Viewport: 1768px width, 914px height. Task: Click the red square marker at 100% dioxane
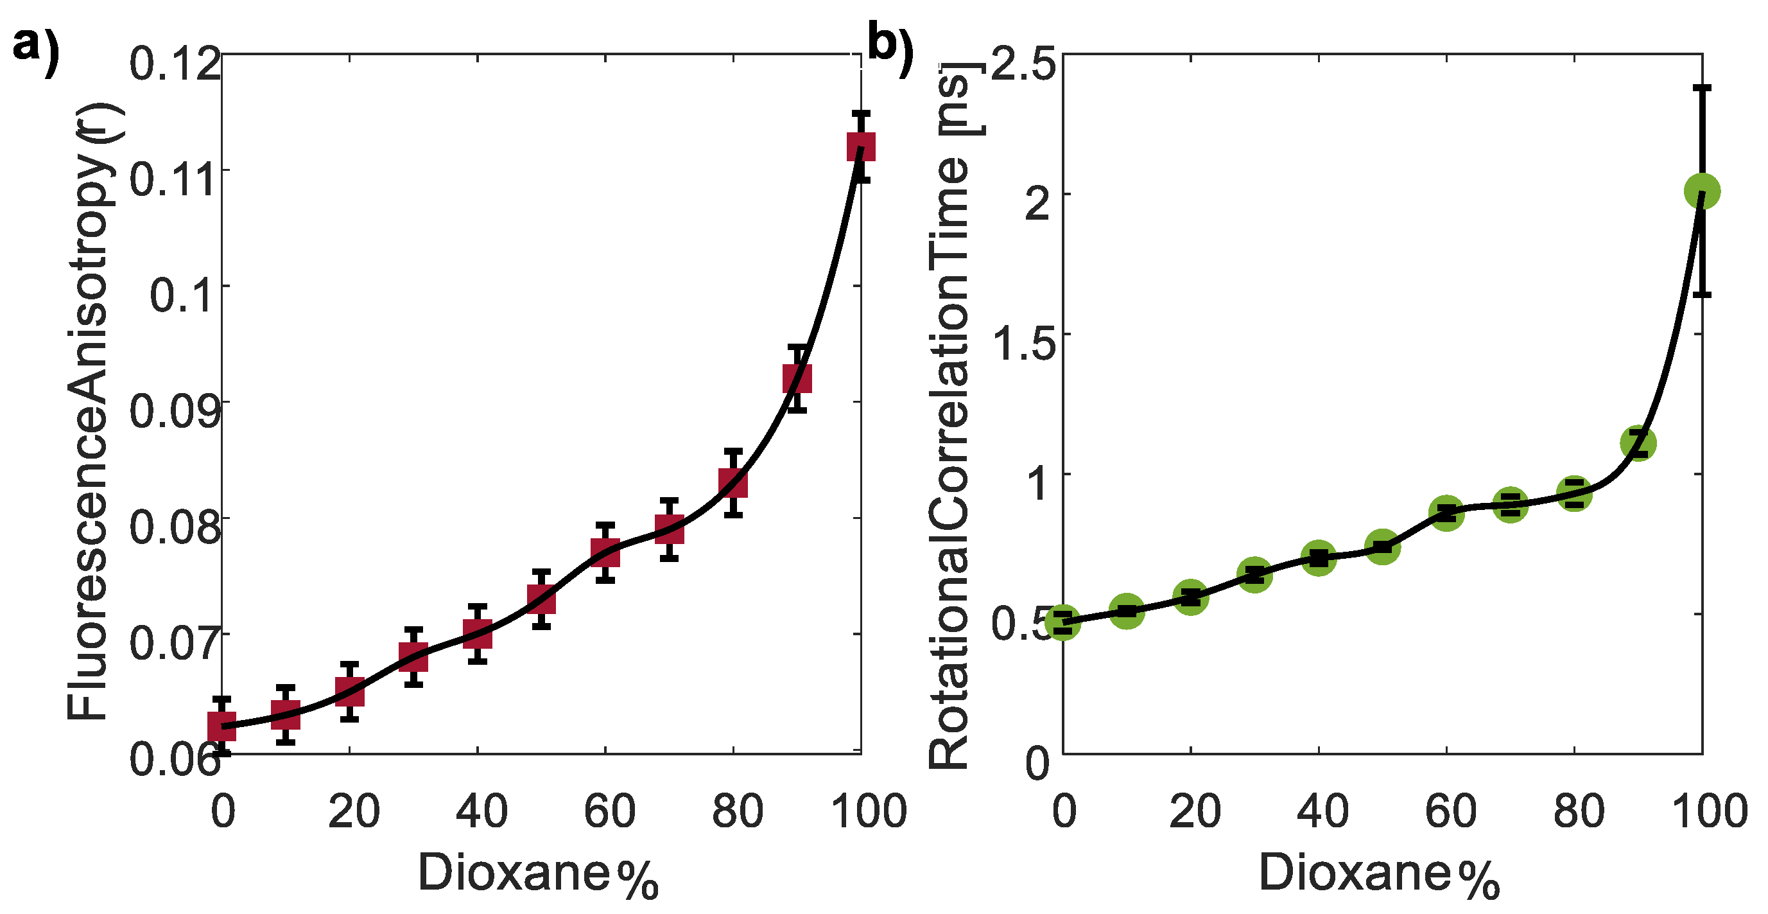861,146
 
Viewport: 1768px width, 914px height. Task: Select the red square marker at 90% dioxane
797,378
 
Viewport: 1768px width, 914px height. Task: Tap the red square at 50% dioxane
541,599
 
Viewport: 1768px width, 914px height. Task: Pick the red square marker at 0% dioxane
221,726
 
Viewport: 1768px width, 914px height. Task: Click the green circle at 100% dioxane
1702,191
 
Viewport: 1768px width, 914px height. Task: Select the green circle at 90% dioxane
1638,444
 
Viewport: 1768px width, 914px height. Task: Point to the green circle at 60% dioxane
1446,513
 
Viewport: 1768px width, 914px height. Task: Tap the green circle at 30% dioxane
1254,575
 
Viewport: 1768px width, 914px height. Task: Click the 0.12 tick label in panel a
175,64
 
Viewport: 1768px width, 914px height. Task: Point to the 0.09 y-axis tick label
175,411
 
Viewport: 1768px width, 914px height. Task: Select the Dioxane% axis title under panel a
539,874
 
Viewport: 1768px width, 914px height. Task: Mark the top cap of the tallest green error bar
1702,88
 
